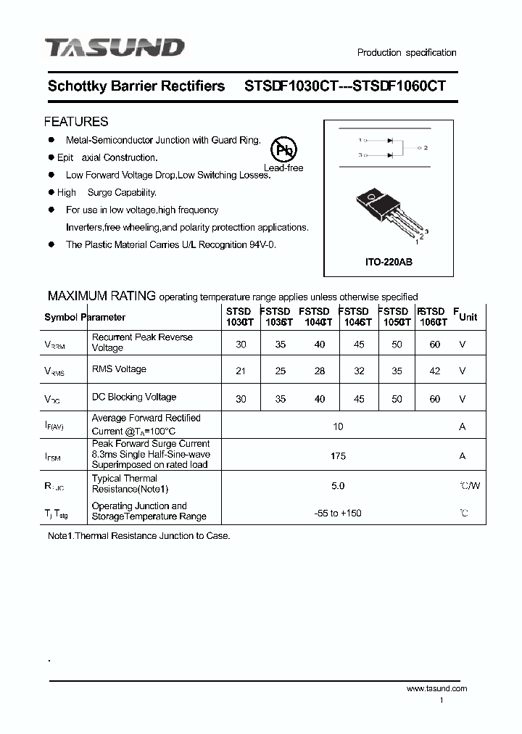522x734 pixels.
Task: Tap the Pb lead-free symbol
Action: pyautogui.click(x=283, y=150)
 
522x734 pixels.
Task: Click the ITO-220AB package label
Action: pyautogui.click(x=389, y=262)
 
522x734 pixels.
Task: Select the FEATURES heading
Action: pyautogui.click(x=76, y=122)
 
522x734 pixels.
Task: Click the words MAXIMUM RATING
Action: pyautogui.click(x=101, y=296)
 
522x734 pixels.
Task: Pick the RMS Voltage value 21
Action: pyautogui.click(x=241, y=371)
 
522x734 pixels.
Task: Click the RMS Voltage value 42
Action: pyautogui.click(x=434, y=371)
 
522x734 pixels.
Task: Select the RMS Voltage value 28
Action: pyautogui.click(x=320, y=371)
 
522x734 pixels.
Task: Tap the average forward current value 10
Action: pyautogui.click(x=338, y=426)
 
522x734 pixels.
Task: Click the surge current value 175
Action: pyautogui.click(x=338, y=456)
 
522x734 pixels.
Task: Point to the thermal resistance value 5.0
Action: pyautogui.click(x=338, y=485)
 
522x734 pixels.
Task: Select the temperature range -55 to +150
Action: pyautogui.click(x=338, y=514)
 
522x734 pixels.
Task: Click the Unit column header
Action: pyautogui.click(x=468, y=317)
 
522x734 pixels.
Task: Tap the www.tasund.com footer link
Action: pyautogui.click(x=436, y=688)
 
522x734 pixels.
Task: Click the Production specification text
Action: pyautogui.click(x=407, y=52)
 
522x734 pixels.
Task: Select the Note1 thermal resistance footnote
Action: pyautogui.click(x=138, y=536)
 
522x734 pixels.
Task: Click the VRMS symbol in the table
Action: pyautogui.click(x=55, y=372)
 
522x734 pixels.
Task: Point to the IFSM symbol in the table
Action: pyautogui.click(x=54, y=457)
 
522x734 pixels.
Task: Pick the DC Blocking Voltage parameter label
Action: pyautogui.click(x=134, y=397)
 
